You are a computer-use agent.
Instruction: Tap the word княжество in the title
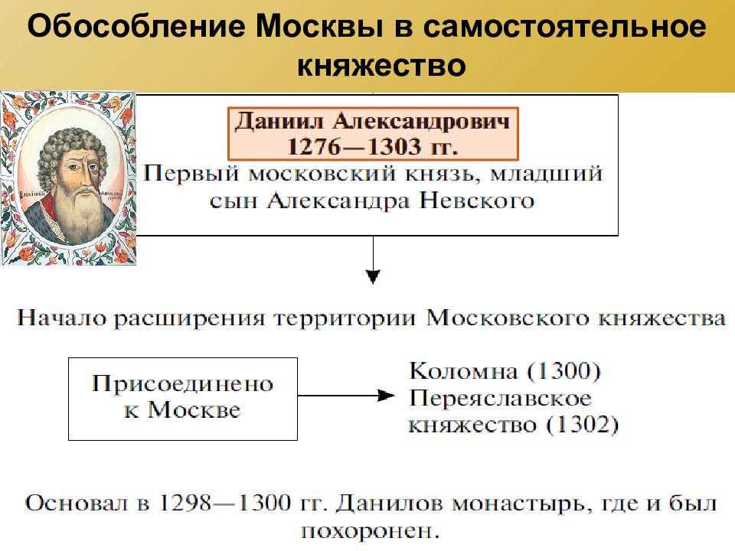[381, 65]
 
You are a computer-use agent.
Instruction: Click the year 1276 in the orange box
[314, 147]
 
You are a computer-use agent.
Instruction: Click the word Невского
[477, 201]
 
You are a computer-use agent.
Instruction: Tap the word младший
[547, 174]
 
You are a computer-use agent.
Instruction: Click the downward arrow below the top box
[373, 260]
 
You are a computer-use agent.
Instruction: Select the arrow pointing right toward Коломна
[346, 396]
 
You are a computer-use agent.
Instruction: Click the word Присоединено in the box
[183, 384]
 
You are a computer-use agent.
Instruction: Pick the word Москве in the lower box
[194, 410]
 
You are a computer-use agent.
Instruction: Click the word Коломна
[463, 371]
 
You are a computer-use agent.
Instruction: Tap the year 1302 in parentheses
[583, 425]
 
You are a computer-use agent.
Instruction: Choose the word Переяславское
[500, 399]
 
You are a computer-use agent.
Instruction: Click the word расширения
[191, 318]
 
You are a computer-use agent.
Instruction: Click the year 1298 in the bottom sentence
[185, 504]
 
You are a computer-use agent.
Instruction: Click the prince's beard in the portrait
[79, 210]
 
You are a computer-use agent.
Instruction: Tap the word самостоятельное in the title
[564, 27]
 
